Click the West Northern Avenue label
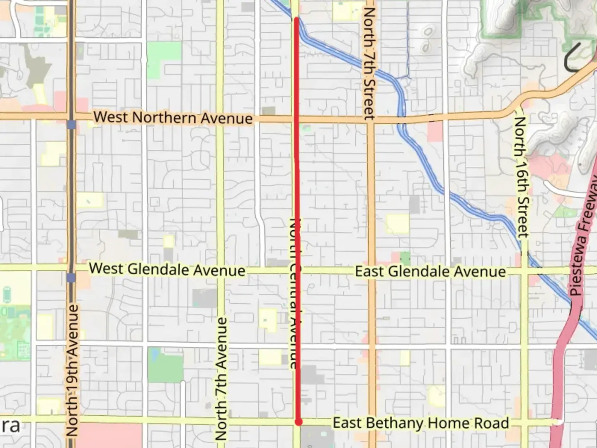pyautogui.click(x=173, y=118)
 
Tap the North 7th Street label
pyautogui.click(x=369, y=63)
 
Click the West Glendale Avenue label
pyautogui.click(x=167, y=269)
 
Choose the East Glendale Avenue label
pyautogui.click(x=430, y=272)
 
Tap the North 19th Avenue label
pyautogui.click(x=73, y=370)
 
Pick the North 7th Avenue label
pyautogui.click(x=221, y=378)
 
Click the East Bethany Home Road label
pyautogui.click(x=421, y=423)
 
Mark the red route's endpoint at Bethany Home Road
pyautogui.click(x=298, y=422)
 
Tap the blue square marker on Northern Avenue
pyautogui.click(x=71, y=124)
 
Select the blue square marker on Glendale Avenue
pyautogui.click(x=71, y=278)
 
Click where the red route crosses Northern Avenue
pyautogui.click(x=297, y=119)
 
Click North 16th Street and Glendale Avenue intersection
pyautogui.click(x=524, y=272)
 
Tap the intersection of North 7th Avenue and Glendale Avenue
pyautogui.click(x=220, y=270)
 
